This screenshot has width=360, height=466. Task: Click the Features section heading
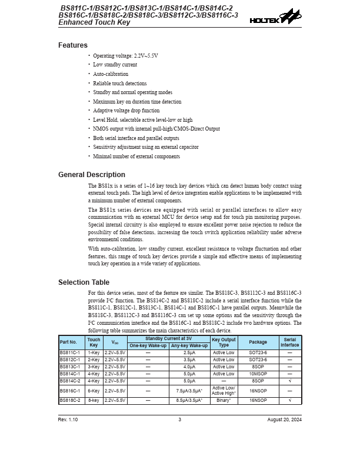(x=73, y=45)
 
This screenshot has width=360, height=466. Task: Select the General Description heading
(x=92, y=175)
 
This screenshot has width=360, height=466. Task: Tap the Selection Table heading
(x=84, y=282)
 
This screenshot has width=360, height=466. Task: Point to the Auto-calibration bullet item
(x=111, y=74)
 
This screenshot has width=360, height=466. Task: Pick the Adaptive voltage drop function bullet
(x=126, y=111)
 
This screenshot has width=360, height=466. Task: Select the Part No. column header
(x=69, y=342)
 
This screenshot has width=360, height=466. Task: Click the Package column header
(x=258, y=342)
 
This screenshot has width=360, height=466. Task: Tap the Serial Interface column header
(x=289, y=342)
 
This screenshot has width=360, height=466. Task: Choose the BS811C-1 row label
(x=69, y=352)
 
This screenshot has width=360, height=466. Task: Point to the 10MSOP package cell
(x=258, y=374)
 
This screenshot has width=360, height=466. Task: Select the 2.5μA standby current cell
(x=189, y=352)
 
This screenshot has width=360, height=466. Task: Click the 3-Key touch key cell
(x=94, y=367)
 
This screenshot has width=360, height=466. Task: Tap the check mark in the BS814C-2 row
(x=289, y=381)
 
